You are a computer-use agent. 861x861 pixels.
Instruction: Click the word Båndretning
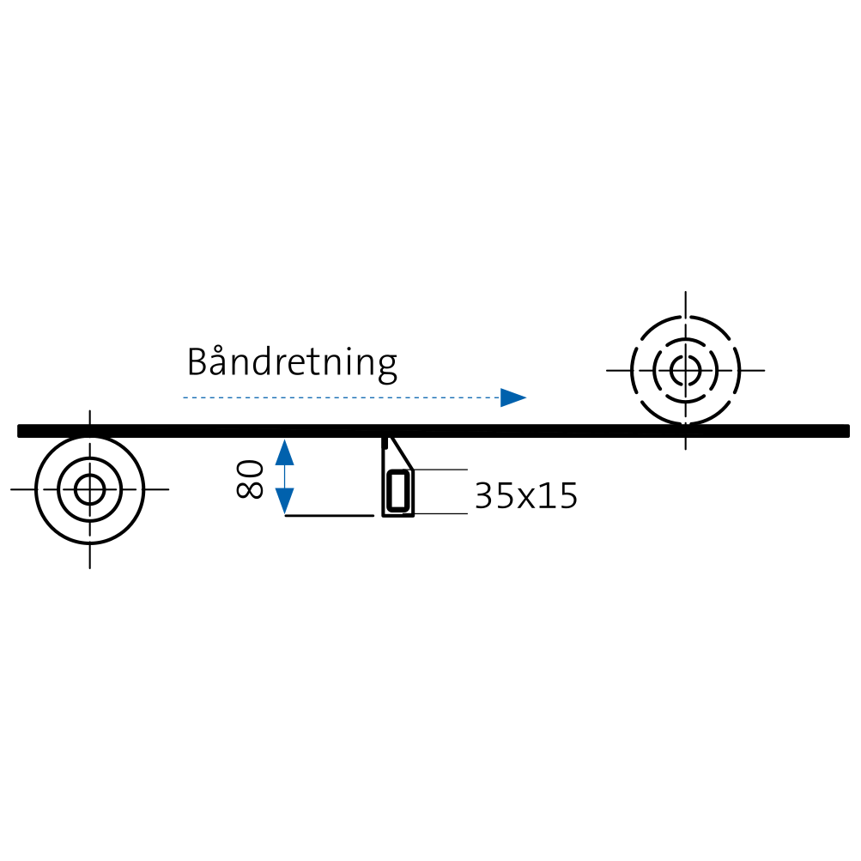point(292,363)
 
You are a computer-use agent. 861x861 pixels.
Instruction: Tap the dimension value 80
point(250,479)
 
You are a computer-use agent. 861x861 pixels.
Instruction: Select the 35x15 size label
point(526,496)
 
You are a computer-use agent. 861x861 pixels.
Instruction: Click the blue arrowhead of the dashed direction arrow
point(513,397)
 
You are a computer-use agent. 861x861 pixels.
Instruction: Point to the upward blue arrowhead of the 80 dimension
point(284,452)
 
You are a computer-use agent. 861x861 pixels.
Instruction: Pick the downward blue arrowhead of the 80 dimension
point(284,500)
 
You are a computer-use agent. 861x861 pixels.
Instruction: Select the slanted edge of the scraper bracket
point(402,453)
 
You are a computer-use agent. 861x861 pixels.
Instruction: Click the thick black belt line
point(434,431)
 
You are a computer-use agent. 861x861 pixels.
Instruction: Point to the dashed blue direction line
point(342,397)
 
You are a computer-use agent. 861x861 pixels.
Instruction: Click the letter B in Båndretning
point(199,361)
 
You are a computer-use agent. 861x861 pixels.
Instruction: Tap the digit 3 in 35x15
point(484,496)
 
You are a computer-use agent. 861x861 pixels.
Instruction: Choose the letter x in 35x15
point(526,499)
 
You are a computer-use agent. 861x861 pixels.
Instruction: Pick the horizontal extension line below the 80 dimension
point(330,516)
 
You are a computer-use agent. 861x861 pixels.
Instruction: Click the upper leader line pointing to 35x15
point(440,470)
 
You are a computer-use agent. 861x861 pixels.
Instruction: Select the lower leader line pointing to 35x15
point(440,513)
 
